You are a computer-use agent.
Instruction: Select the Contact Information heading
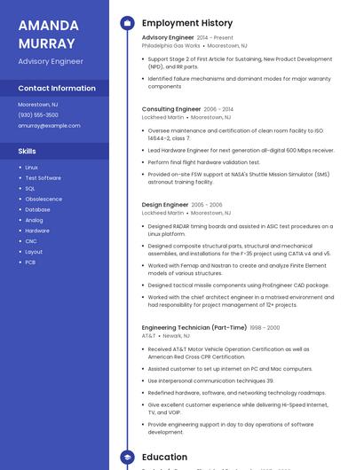click(57, 89)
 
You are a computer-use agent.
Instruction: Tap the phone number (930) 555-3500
click(38, 115)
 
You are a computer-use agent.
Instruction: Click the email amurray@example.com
click(49, 126)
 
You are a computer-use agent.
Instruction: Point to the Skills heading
click(27, 152)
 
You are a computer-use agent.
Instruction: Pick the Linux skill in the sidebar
click(32, 168)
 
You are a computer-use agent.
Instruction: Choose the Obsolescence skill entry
click(44, 200)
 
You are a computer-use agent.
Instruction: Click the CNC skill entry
click(31, 241)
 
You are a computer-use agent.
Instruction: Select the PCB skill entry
click(30, 262)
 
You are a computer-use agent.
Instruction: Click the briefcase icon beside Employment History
click(127, 23)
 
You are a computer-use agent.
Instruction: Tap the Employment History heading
click(187, 23)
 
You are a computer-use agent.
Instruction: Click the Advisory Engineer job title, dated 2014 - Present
click(168, 38)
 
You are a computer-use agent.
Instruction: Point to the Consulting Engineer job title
click(171, 109)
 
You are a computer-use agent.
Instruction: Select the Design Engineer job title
click(165, 205)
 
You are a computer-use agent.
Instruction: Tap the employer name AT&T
click(148, 336)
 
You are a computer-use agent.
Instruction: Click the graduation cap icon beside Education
click(127, 458)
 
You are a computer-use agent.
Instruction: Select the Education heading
click(165, 458)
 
